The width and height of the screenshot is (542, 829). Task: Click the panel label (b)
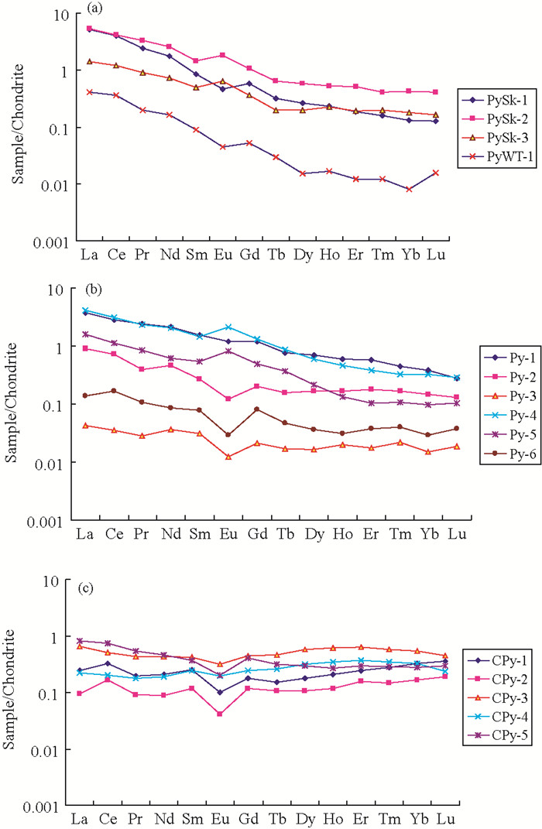[x=95, y=290]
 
